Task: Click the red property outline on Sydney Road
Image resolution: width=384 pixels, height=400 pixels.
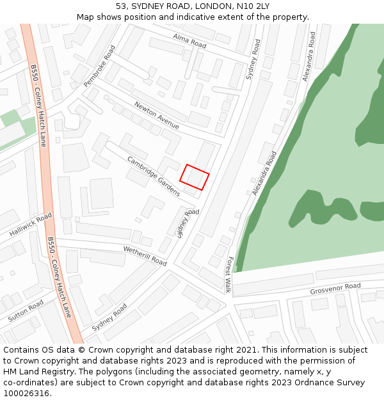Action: [195, 177]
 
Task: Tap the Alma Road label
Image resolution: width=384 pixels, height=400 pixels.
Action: [189, 41]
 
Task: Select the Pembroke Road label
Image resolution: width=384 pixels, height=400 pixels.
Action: [99, 66]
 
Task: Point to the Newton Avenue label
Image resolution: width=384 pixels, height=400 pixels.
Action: [156, 115]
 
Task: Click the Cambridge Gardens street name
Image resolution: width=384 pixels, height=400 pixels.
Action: [153, 176]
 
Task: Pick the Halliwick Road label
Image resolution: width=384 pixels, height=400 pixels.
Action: [31, 225]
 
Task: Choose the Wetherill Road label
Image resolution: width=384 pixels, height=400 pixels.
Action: [145, 256]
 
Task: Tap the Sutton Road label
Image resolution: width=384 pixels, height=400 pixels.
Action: [26, 310]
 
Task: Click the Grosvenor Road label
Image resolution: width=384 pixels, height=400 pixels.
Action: [335, 289]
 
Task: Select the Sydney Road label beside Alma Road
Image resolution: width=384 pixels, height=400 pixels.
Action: [253, 60]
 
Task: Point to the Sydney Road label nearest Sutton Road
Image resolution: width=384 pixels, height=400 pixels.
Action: [109, 317]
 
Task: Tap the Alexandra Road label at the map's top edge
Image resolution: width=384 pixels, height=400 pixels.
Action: [310, 57]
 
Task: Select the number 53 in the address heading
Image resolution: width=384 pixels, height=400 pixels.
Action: [122, 6]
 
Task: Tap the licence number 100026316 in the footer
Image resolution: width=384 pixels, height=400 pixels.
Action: [28, 394]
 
